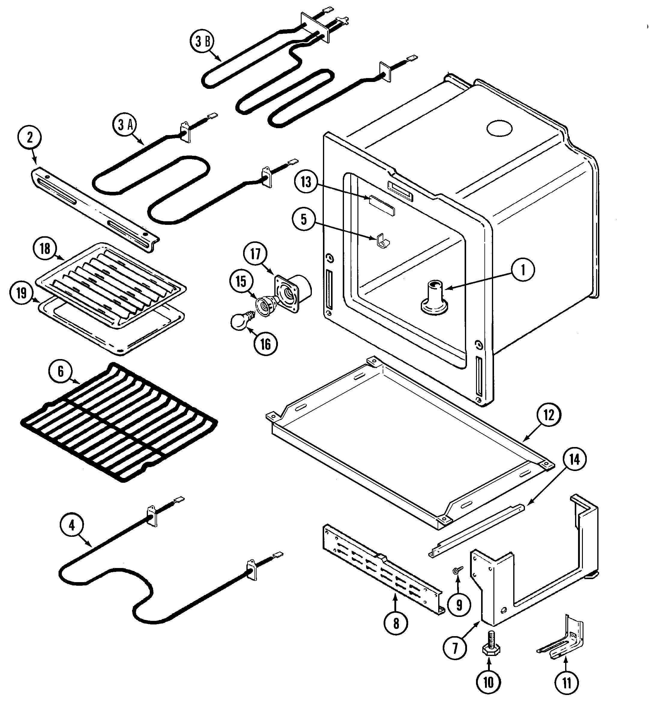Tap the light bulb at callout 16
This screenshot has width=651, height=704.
[240, 321]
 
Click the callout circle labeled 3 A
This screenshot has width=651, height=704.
[125, 125]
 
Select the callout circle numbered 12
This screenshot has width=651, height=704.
[549, 415]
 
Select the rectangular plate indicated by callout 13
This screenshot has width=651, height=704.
[382, 205]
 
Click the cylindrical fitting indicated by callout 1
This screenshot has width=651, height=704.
[434, 298]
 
